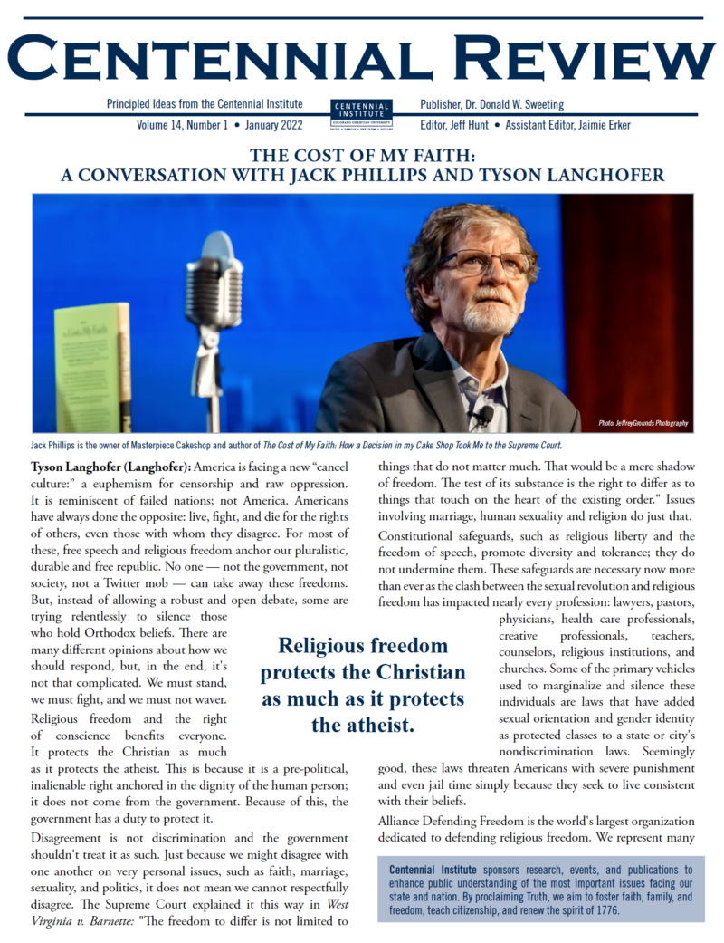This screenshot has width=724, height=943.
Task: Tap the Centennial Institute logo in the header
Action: (362, 115)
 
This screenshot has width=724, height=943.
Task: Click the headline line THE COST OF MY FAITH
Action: (362, 154)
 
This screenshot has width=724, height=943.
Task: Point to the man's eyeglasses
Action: (490, 264)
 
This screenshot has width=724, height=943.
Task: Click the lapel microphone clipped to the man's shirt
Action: (484, 416)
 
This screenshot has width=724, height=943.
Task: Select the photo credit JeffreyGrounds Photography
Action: (642, 423)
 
